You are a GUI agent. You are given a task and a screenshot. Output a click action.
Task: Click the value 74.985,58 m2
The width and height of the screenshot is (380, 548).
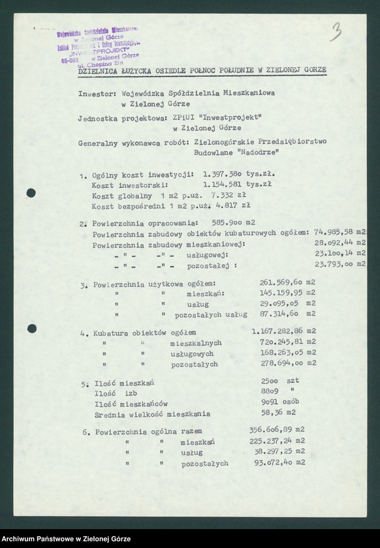[x=340, y=232]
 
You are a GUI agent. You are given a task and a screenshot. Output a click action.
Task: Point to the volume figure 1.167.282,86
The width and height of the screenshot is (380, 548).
[x=278, y=331]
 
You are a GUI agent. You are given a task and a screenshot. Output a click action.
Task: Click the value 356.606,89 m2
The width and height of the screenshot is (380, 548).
[x=277, y=431]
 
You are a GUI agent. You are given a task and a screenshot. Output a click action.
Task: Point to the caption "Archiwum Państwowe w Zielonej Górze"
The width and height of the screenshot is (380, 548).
[x=66, y=538]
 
